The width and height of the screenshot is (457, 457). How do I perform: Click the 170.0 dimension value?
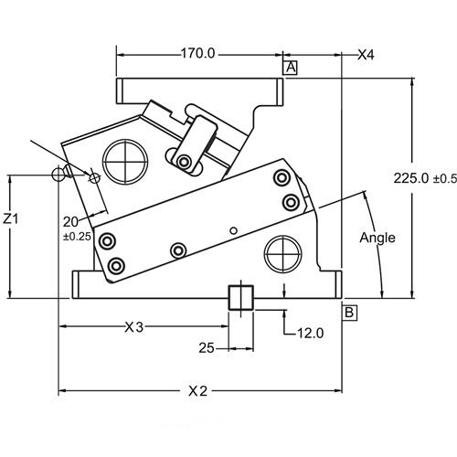197,53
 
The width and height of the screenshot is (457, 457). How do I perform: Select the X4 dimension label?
366,55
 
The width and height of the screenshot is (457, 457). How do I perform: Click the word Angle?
377,238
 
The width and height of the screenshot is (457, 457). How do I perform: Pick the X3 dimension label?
134,326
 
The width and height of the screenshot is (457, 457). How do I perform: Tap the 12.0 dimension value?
311,333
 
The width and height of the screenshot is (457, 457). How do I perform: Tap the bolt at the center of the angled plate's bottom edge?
179,250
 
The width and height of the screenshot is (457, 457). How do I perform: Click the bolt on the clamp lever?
186,162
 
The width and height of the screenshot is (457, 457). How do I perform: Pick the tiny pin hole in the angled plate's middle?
234,229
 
